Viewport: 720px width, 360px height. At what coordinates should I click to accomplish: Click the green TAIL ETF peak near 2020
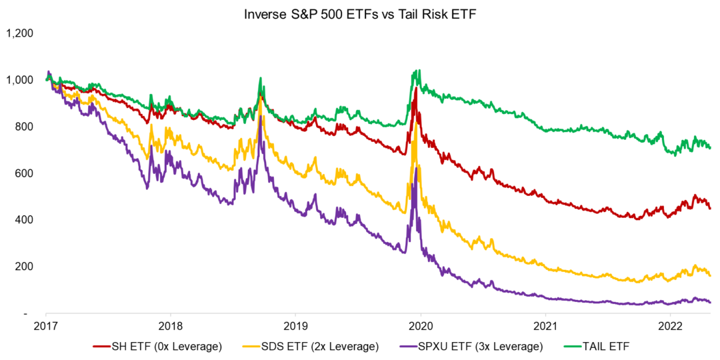(417, 70)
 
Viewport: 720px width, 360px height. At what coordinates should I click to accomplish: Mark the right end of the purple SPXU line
(710, 303)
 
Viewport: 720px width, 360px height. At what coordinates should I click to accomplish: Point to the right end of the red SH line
(710, 208)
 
